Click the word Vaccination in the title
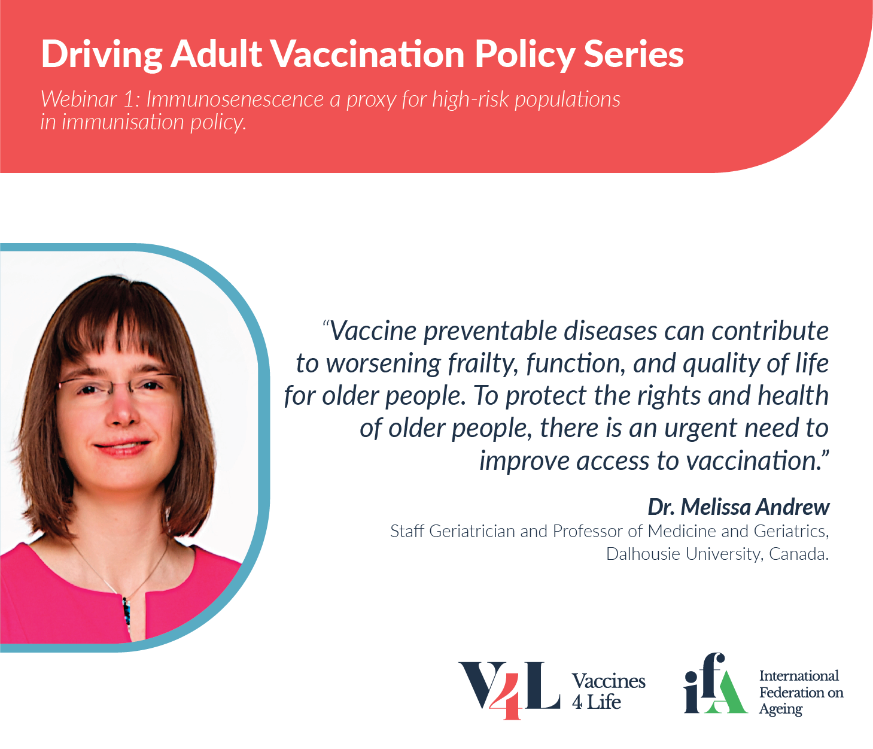(367, 54)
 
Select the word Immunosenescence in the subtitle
(235, 99)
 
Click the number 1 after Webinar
(129, 99)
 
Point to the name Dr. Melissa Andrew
(739, 507)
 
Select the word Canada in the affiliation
(799, 554)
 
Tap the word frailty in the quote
(483, 363)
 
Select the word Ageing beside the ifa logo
(780, 709)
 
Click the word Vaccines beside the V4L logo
(608, 681)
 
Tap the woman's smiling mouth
(121, 447)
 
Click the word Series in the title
(634, 54)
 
